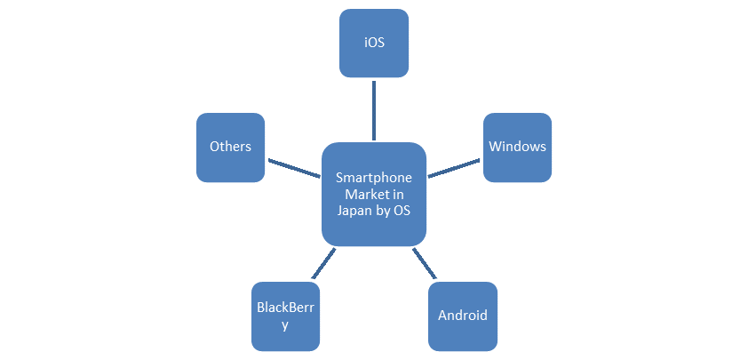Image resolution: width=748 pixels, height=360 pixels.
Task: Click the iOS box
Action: click(373, 42)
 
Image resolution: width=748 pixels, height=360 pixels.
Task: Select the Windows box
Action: click(517, 148)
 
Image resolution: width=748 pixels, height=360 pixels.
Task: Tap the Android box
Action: click(462, 316)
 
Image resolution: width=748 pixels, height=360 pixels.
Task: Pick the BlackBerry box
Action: click(285, 316)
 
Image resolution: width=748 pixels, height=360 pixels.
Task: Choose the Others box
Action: click(230, 148)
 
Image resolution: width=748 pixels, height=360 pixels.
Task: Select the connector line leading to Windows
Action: click(454, 167)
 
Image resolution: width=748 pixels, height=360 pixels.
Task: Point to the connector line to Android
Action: click(422, 264)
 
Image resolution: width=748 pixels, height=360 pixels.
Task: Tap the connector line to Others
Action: click(293, 167)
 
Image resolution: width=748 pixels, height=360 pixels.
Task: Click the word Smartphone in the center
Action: click(374, 178)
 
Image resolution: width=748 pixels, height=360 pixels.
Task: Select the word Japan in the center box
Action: click(355, 211)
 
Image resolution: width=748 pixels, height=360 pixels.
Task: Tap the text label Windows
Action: click(517, 147)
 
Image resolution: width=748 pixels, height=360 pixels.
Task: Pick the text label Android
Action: click(462, 316)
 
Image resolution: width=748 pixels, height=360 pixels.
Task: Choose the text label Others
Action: click(230, 147)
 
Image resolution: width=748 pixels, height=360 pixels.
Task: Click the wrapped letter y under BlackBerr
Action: click(285, 325)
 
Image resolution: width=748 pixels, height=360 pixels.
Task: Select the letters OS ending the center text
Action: click(401, 211)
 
